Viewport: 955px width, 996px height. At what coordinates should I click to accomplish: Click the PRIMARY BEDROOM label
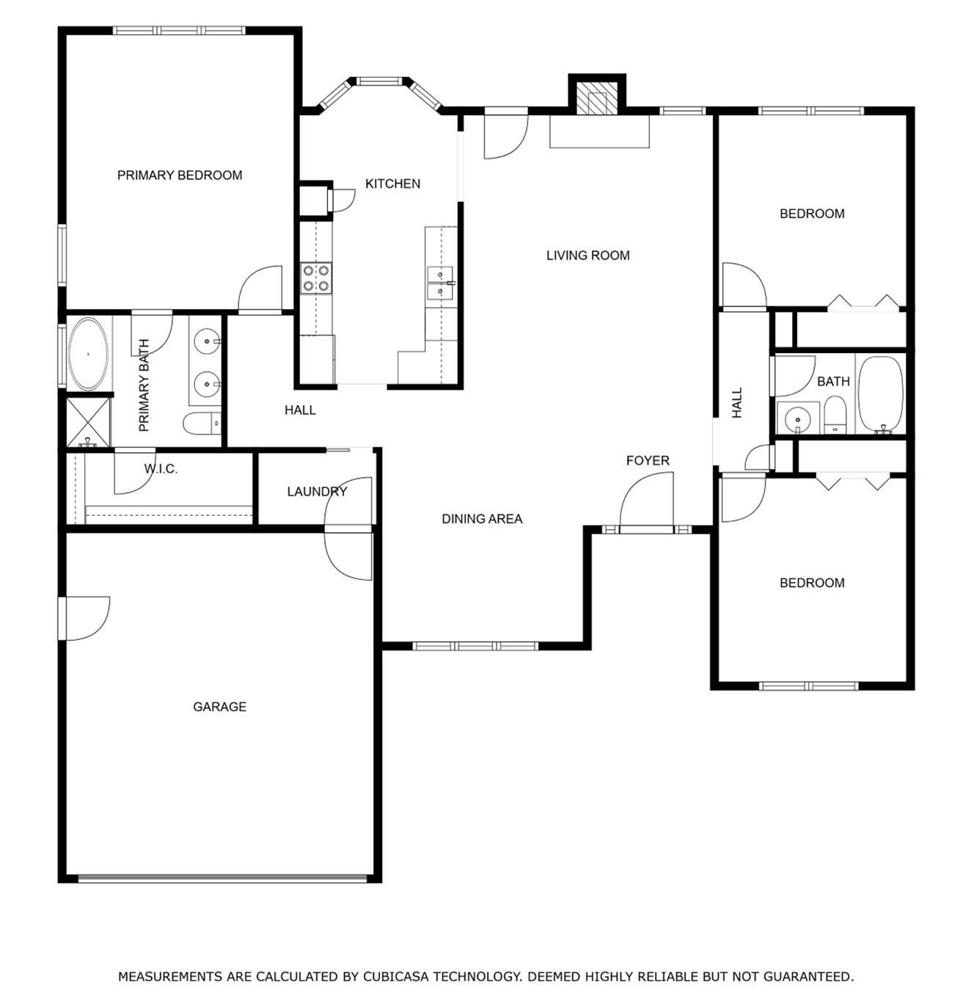[180, 175]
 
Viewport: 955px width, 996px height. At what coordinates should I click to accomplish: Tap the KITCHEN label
[392, 183]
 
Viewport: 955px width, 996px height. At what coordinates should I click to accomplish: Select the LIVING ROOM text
[588, 255]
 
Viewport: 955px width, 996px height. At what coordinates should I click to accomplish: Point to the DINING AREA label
[482, 518]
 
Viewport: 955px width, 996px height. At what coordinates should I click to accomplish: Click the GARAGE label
[219, 706]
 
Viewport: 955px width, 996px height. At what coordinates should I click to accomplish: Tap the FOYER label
[648, 460]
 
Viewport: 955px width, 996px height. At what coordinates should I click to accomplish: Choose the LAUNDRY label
[317, 491]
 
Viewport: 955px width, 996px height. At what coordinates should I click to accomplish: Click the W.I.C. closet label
[161, 468]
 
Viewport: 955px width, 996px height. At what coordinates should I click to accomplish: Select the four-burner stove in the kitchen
[315, 278]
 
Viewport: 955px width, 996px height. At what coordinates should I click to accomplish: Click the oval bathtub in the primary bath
[89, 354]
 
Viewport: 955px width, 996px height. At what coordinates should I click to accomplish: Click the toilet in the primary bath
[202, 424]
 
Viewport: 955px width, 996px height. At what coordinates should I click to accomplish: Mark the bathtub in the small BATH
[880, 394]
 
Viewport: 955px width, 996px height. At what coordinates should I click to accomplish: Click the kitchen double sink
[440, 282]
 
